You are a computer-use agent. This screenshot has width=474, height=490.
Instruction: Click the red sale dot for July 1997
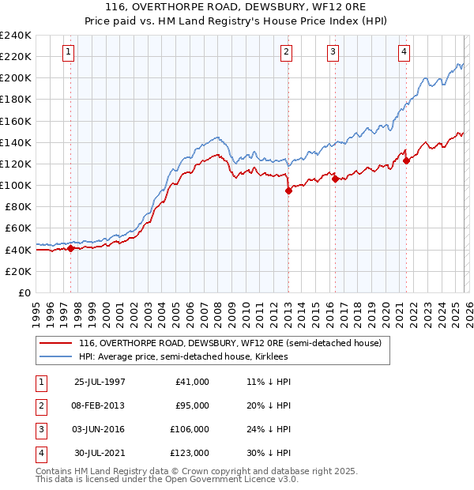tap(70, 248)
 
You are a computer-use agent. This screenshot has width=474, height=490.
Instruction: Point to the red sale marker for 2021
tap(407, 160)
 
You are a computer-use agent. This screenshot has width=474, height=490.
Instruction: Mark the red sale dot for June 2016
tap(335, 179)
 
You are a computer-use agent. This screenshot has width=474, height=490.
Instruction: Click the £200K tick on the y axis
tap(16, 78)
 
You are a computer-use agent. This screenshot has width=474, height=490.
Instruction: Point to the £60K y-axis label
tap(18, 228)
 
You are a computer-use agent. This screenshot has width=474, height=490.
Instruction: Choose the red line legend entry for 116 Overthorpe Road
tap(230, 343)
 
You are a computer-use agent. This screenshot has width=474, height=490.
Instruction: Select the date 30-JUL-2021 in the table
tap(100, 453)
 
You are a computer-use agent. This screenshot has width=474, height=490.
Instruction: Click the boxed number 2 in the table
tap(39, 405)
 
